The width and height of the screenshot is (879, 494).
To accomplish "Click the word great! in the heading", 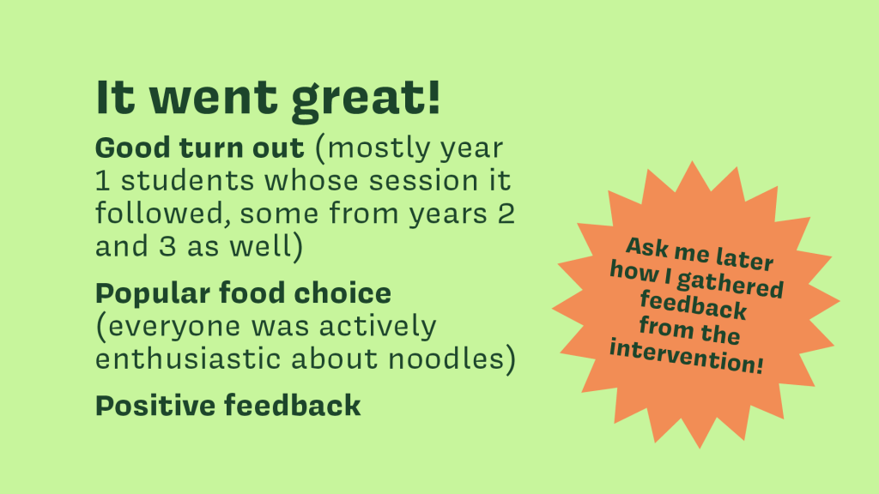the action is coord(366,99).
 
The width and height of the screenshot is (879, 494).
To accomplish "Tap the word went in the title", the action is coord(213,98).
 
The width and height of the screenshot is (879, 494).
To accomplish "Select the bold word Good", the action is coord(132,148).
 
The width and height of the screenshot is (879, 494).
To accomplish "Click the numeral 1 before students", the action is coord(102,181).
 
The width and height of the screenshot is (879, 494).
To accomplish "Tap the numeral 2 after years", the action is coord(506,214).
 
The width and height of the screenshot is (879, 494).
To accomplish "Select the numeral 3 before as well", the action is coord(167,246).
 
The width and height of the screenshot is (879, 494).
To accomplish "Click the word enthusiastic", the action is coord(188,359).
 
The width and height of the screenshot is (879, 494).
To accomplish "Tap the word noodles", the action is coord(446,359).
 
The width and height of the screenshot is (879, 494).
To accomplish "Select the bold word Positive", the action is coord(155,406).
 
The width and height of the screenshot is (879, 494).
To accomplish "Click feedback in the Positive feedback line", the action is coord(293,405).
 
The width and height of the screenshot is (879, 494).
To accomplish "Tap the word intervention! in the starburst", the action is coord(687,356).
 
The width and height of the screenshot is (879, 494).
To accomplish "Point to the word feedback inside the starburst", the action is coord(694,305).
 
